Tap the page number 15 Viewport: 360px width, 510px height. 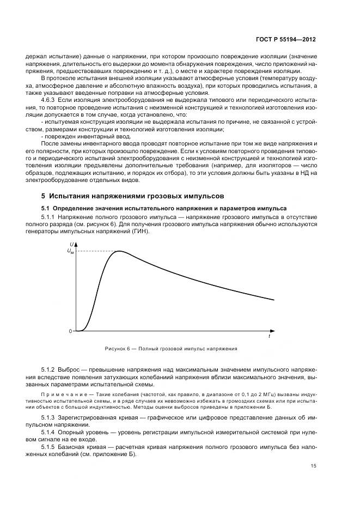coord(313,466)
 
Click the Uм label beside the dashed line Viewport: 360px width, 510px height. coord(70,251)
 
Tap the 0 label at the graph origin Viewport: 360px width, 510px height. coord(70,331)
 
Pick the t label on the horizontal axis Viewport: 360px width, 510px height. coord(269,337)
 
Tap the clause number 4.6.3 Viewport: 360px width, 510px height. coord(50,101)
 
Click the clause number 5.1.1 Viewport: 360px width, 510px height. coord(50,217)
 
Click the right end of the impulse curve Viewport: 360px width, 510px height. coord(273,300)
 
